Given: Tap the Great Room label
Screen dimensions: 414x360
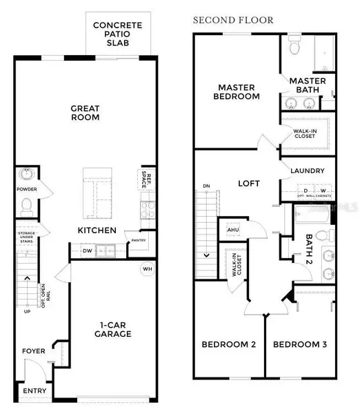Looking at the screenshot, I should (86, 112).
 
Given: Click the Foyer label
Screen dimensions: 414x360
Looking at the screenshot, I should (34, 351).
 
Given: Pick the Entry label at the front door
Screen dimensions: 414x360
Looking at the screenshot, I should (34, 391).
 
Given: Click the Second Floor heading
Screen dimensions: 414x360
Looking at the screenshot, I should (222, 19).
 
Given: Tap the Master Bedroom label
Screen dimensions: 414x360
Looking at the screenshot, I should (239, 92).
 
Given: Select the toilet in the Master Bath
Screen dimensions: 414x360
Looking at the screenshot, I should (293, 47).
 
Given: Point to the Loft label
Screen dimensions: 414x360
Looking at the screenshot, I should (248, 184).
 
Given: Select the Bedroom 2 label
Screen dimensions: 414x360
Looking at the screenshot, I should (225, 344).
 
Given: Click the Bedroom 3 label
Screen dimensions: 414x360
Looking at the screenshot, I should (297, 344).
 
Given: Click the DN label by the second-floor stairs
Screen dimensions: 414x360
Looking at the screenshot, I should (206, 186).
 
